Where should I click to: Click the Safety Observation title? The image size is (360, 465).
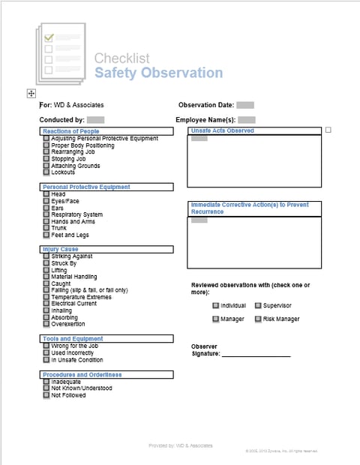(x=158, y=73)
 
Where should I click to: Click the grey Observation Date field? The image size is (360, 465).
(x=244, y=105)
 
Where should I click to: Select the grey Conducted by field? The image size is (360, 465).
(x=95, y=119)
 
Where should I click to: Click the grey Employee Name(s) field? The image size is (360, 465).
(x=247, y=119)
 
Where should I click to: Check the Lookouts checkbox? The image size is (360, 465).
(x=46, y=172)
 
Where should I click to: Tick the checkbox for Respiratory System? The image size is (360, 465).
(x=46, y=214)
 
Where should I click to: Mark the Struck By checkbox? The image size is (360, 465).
(x=46, y=263)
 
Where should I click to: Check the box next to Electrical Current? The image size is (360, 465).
(x=46, y=304)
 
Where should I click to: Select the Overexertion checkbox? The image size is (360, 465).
(x=46, y=324)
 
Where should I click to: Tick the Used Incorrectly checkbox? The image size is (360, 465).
(x=46, y=352)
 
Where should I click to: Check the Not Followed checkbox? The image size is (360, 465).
(x=46, y=394)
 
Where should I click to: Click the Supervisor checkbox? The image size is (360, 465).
(x=258, y=305)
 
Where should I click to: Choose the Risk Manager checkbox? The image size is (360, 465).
(x=258, y=319)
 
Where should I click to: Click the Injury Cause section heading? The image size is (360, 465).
(x=60, y=249)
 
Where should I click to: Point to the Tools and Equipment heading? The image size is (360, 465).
(x=73, y=339)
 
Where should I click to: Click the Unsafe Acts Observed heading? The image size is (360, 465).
(x=222, y=130)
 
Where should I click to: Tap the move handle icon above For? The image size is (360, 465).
(x=31, y=93)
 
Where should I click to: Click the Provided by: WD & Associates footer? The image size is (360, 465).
(x=180, y=445)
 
